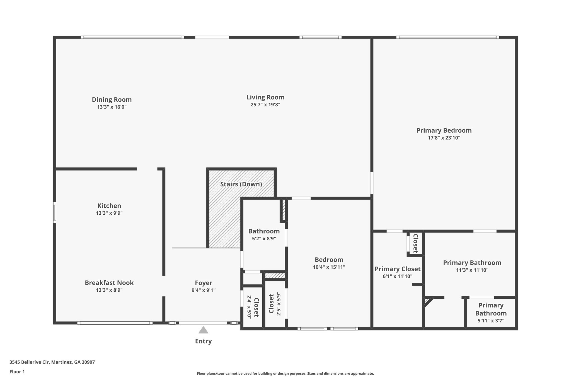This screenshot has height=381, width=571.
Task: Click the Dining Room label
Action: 112,100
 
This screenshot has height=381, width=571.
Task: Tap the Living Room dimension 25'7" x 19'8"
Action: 265,105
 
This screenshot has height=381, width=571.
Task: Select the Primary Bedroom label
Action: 444,130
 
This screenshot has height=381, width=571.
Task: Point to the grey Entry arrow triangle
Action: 203,330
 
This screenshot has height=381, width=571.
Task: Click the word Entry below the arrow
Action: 203,341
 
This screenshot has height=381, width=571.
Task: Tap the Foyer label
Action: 204,283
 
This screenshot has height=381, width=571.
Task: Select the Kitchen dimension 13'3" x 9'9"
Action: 109,213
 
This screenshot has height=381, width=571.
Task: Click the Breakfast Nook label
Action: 109,283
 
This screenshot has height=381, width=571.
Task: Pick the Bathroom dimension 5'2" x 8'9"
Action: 264,239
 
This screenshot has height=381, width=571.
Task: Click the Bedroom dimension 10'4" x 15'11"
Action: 329,267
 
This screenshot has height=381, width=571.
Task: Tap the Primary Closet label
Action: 397,269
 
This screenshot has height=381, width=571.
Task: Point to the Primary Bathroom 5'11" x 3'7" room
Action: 491,313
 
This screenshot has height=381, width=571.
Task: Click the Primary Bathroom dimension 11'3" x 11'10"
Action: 472,270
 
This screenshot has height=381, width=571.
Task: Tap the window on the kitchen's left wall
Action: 55,212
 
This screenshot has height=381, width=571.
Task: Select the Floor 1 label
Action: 17,372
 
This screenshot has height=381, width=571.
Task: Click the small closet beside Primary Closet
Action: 415,243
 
